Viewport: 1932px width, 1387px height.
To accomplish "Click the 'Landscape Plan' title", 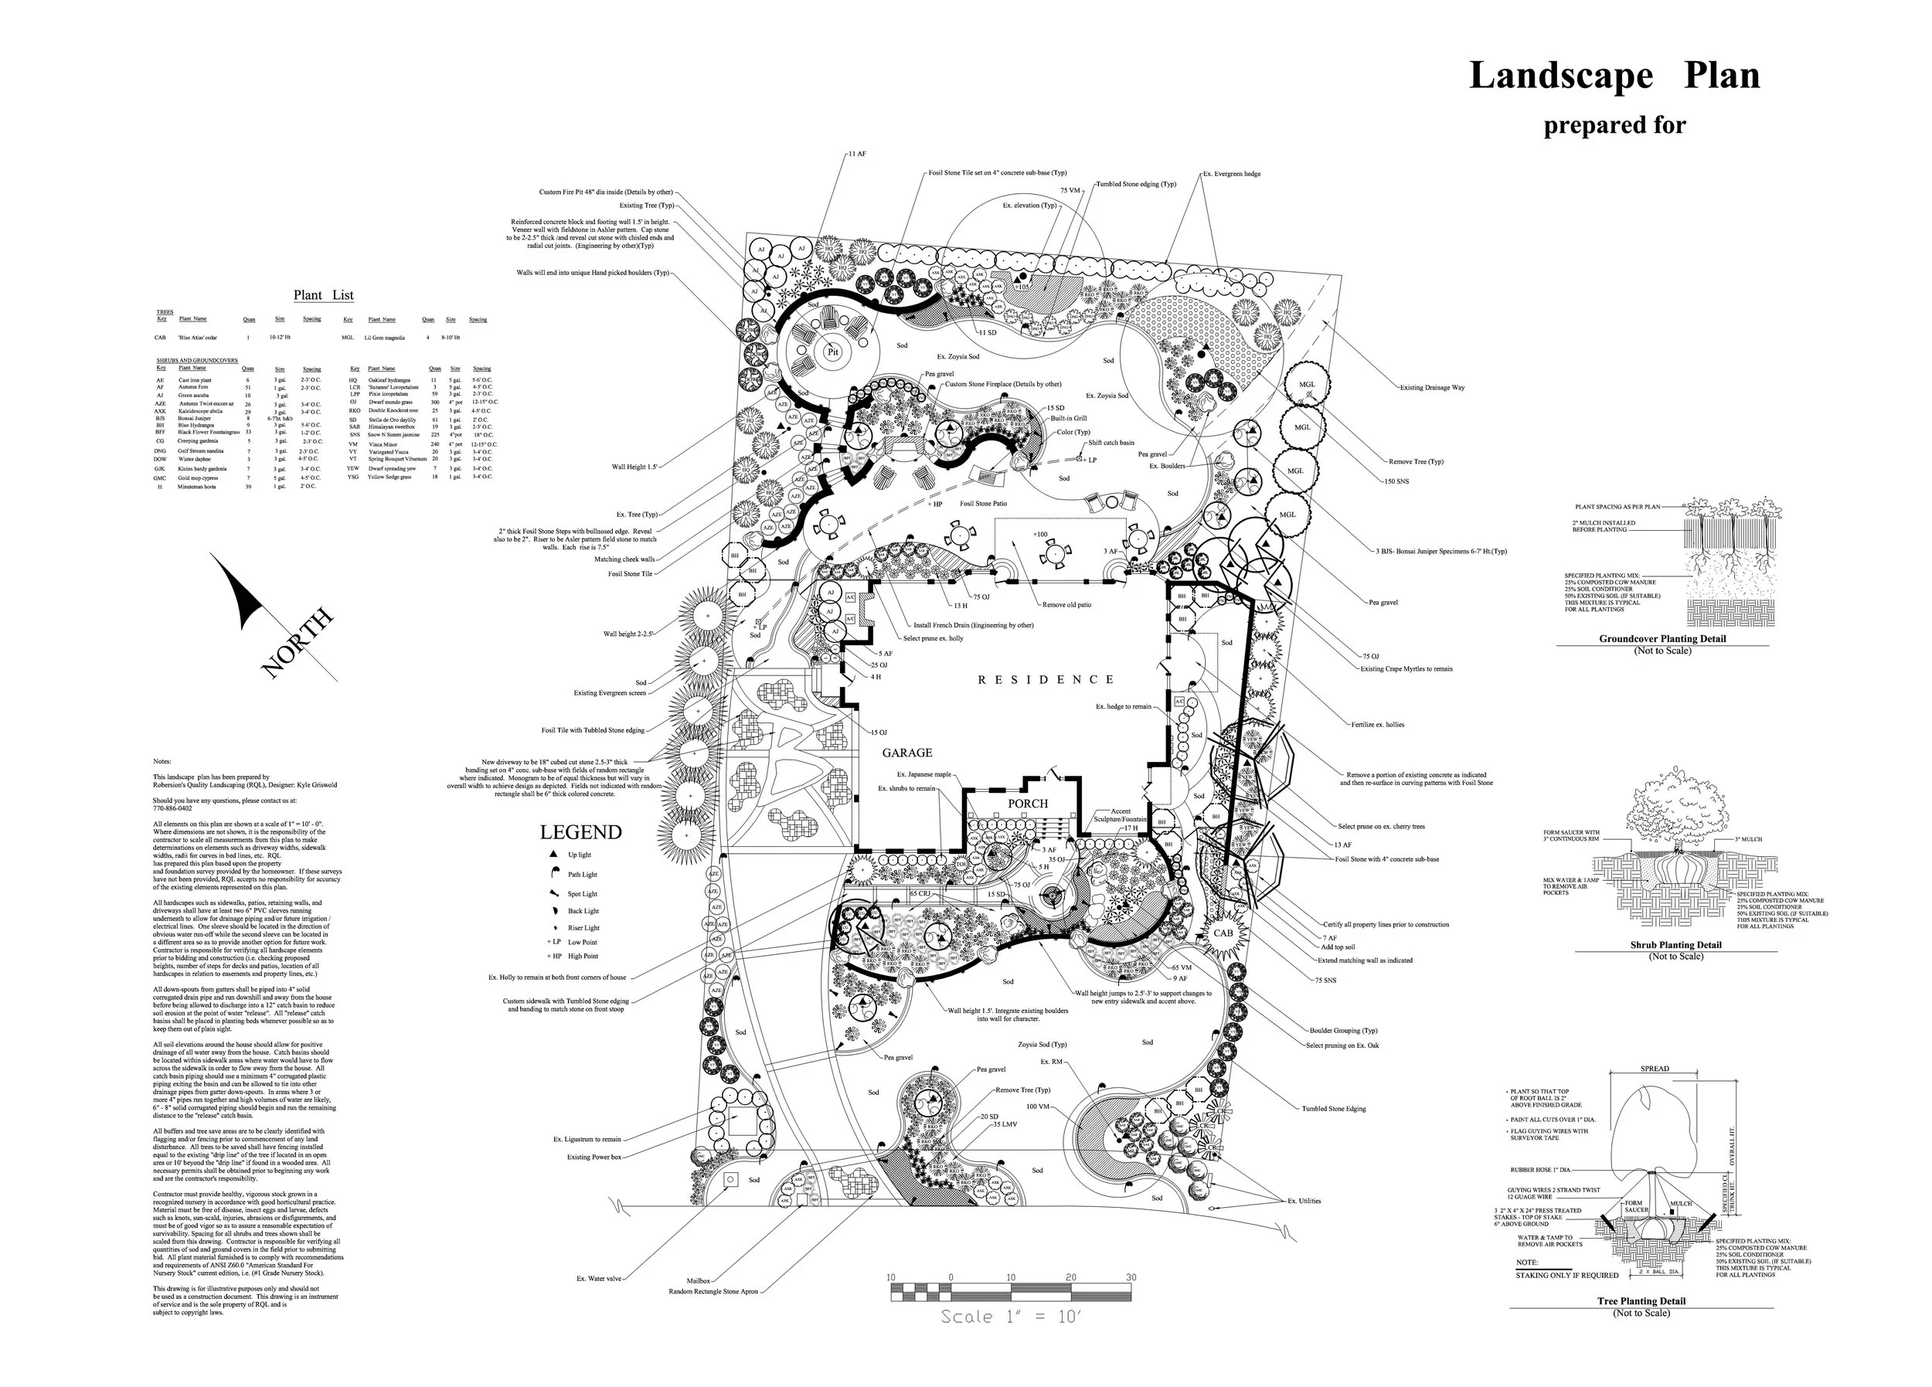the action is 1614,76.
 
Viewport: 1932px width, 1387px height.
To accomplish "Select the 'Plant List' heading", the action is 323,296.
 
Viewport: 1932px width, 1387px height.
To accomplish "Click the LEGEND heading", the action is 580,832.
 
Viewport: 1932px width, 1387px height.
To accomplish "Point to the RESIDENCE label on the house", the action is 1046,680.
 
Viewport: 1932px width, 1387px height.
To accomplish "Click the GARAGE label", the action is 906,753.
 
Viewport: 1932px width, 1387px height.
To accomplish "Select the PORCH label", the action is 1027,804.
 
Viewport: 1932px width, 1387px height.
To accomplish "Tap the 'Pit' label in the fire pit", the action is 832,351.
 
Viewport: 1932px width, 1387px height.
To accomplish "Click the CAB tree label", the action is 1223,933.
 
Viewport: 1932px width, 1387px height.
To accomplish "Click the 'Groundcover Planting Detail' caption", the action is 1662,639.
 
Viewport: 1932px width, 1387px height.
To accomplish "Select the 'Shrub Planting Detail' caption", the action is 1675,945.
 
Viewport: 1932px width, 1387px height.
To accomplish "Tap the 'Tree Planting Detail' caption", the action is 1641,1301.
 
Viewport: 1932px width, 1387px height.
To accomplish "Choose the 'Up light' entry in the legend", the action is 580,855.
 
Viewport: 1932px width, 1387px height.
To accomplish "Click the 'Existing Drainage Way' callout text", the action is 1432,388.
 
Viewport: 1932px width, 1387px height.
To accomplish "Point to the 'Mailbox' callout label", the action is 698,1280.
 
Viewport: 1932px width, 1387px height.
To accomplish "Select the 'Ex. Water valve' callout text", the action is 599,1278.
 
